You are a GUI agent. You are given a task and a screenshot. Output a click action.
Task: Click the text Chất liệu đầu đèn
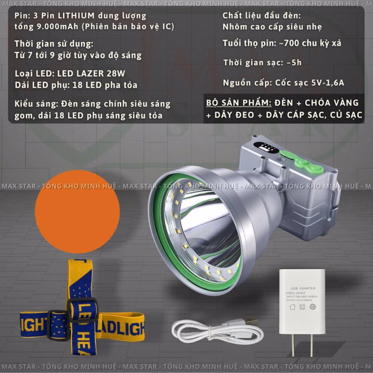261,16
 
